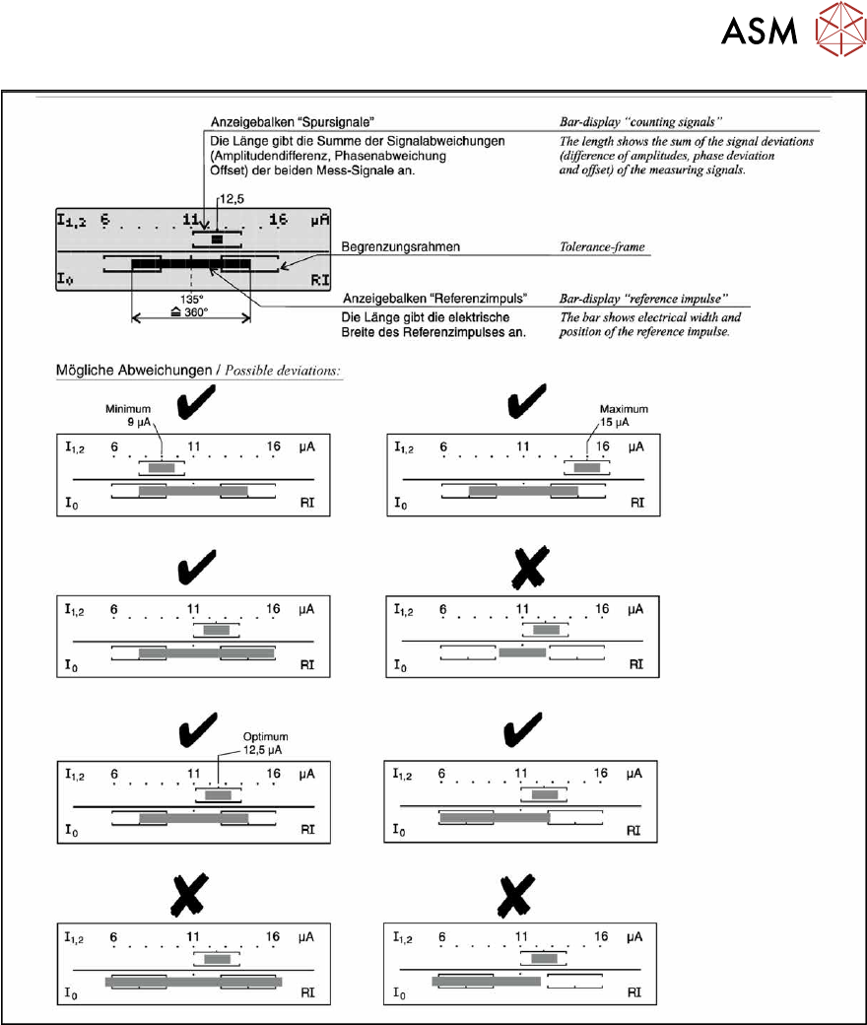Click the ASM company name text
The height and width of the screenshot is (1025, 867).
760,34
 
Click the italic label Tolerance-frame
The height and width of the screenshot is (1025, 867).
603,246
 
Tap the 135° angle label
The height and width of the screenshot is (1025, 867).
191,299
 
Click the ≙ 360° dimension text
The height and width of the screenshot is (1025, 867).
191,312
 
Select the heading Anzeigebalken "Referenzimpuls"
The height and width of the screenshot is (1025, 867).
432,299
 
